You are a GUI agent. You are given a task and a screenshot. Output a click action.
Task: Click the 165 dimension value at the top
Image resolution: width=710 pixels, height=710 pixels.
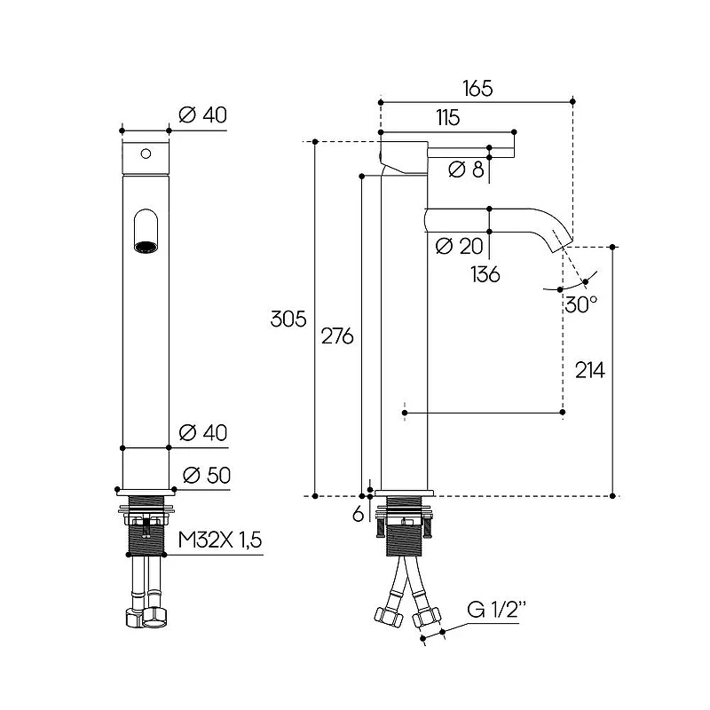pyautogui.click(x=477, y=88)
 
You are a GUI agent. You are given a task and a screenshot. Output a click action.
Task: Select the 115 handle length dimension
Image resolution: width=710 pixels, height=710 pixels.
pyautogui.click(x=448, y=118)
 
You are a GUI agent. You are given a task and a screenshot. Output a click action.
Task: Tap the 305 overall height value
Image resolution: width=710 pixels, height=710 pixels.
pyautogui.click(x=288, y=319)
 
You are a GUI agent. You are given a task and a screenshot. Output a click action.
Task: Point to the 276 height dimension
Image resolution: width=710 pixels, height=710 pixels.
pyautogui.click(x=337, y=336)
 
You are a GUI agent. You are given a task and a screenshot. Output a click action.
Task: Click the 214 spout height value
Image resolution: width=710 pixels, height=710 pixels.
pyautogui.click(x=590, y=370)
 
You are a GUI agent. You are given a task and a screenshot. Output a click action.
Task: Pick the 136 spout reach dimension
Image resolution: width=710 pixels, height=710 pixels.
pyautogui.click(x=485, y=274)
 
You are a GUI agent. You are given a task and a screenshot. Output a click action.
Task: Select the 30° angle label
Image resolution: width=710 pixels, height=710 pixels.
pyautogui.click(x=581, y=304)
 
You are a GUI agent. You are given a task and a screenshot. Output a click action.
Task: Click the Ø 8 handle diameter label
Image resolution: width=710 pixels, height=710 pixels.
pyautogui.click(x=467, y=170)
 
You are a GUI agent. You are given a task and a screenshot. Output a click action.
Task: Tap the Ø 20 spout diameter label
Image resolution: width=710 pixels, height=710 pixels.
pyautogui.click(x=460, y=247)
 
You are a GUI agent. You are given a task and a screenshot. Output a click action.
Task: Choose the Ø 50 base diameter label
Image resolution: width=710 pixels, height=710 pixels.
pyautogui.click(x=207, y=476)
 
